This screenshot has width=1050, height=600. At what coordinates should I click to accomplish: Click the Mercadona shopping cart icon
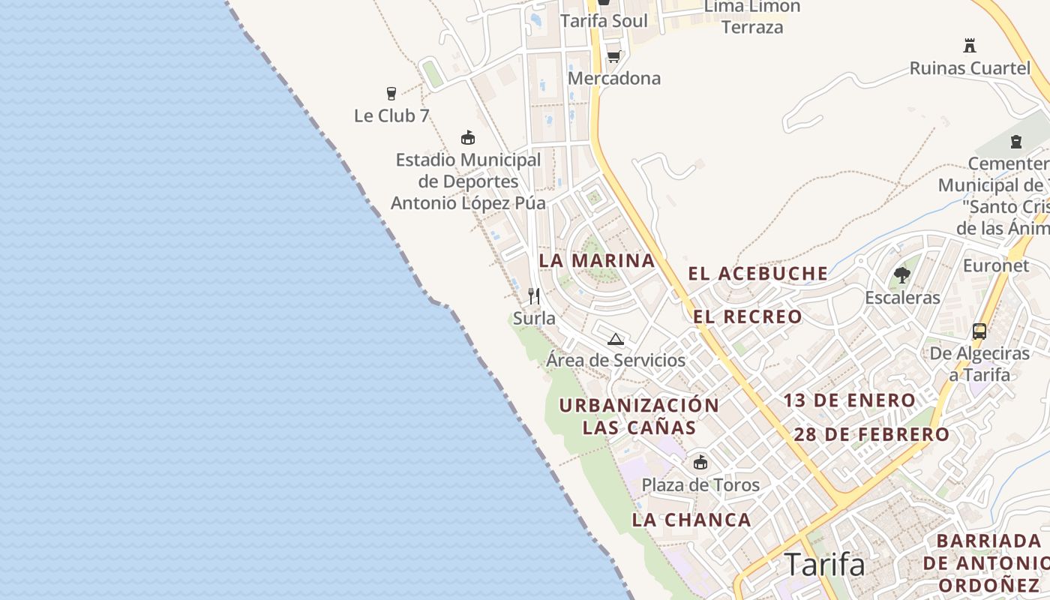pyautogui.click(x=613, y=56)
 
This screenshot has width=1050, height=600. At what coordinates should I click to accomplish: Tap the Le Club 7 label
pyautogui.click(x=391, y=116)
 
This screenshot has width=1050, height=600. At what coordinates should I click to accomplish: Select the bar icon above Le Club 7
pyautogui.click(x=391, y=94)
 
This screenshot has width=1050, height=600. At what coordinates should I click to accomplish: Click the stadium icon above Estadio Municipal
pyautogui.click(x=468, y=137)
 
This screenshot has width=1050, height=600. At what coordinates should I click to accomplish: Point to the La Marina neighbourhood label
pyautogui.click(x=597, y=261)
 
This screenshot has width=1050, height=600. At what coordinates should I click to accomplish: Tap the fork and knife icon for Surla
pyautogui.click(x=534, y=295)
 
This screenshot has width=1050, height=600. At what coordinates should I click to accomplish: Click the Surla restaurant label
pyautogui.click(x=534, y=319)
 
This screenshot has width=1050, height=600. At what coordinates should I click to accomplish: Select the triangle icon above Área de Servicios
pyautogui.click(x=616, y=339)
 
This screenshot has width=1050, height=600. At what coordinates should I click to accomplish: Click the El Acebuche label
pyautogui.click(x=758, y=274)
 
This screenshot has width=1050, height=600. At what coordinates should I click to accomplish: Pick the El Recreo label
pyautogui.click(x=748, y=316)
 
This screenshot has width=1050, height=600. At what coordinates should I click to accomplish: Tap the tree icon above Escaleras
pyautogui.click(x=902, y=275)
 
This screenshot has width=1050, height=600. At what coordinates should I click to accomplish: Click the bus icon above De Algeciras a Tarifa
pyautogui.click(x=979, y=331)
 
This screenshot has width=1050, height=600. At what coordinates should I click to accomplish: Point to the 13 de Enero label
pyautogui.click(x=850, y=400)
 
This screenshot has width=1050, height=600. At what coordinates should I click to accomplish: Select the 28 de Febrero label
pyautogui.click(x=871, y=434)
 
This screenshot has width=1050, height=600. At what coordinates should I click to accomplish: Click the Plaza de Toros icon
pyautogui.click(x=700, y=462)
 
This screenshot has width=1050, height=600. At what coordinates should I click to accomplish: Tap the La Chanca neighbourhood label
pyautogui.click(x=691, y=520)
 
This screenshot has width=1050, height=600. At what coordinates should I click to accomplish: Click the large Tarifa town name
pyautogui.click(x=825, y=565)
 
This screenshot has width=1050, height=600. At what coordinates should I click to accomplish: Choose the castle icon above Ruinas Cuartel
pyautogui.click(x=970, y=46)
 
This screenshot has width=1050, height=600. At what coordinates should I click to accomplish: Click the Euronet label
pyautogui.click(x=996, y=265)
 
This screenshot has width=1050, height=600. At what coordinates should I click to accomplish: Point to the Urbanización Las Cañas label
pyautogui.click(x=639, y=416)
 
